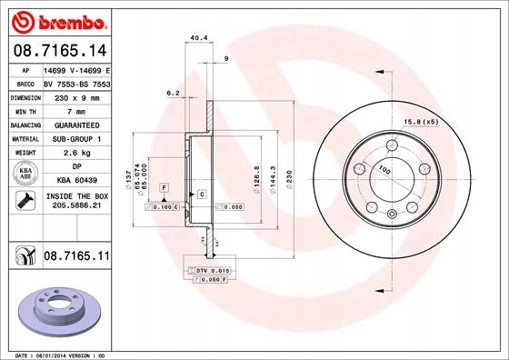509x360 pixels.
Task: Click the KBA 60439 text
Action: click(76, 180)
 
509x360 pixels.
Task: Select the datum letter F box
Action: click(164, 186)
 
